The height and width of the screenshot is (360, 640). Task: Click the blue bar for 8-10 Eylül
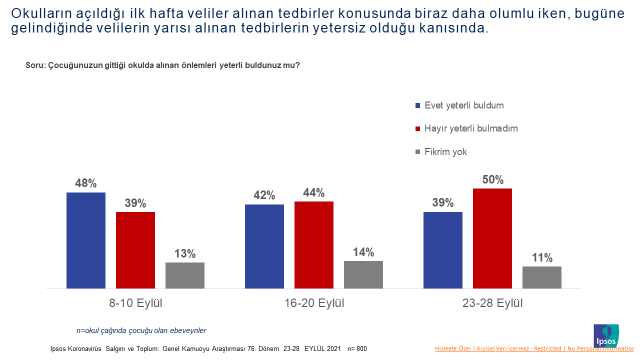86,241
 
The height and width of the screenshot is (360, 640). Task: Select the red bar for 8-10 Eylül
135,250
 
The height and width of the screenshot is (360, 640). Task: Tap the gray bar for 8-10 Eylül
185,276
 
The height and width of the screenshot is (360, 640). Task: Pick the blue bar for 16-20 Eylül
264,247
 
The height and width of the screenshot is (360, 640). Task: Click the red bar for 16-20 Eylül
313,245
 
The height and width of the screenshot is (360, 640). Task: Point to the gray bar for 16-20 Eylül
363,275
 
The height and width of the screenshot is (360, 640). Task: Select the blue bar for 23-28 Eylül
442,250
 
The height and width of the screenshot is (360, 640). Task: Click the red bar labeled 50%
492,239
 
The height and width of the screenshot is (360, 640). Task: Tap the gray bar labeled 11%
541,278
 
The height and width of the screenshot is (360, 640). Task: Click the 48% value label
86,183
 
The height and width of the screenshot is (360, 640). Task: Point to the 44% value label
313,192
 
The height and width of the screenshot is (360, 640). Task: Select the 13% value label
185,253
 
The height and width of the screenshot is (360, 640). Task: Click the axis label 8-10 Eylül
135,302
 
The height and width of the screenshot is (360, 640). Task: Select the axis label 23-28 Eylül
492,302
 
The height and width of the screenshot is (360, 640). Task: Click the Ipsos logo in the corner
607,335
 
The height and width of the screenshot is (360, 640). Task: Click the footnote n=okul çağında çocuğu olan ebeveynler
141,329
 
